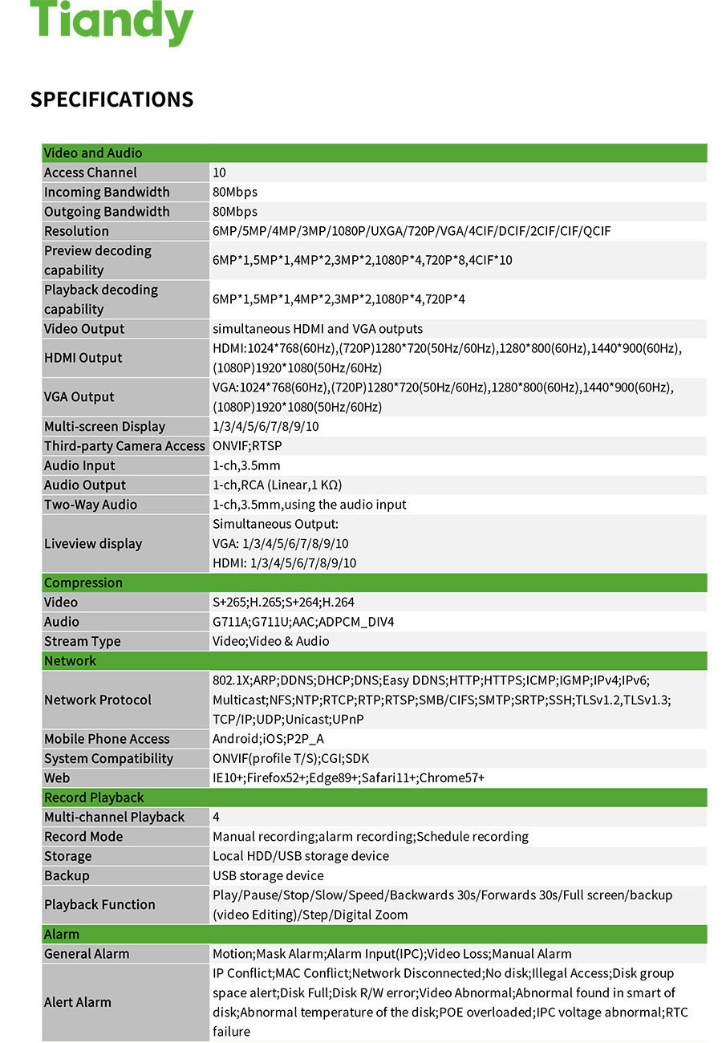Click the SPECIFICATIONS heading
coord(112,99)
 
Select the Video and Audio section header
coord(93,153)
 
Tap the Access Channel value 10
coord(220,172)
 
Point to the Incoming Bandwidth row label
coord(107,192)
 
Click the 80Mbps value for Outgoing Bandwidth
coord(235,212)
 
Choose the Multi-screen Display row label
coord(104,427)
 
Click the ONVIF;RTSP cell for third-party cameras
coord(247,446)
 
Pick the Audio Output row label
coord(85,485)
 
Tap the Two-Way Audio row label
coord(91,505)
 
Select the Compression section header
coord(83,583)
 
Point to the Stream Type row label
coord(83,642)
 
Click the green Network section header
coord(70,661)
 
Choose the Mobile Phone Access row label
coord(107,739)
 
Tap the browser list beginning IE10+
coord(348,778)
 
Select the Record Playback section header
coord(94,797)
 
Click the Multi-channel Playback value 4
coord(217,818)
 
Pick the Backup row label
coord(67,876)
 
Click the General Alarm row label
coord(87,954)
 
